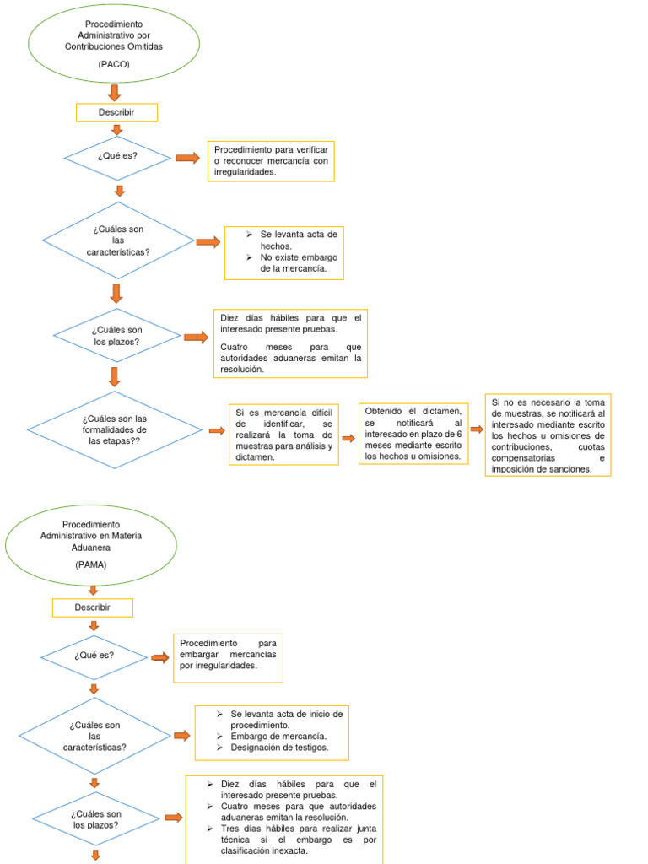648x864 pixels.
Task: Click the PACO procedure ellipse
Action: (x=114, y=43)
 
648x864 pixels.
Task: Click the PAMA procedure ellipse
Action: (x=91, y=543)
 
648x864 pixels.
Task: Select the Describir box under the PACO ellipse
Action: (x=116, y=112)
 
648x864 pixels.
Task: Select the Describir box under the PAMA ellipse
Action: (x=92, y=607)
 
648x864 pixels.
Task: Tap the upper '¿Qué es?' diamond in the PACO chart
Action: (x=117, y=158)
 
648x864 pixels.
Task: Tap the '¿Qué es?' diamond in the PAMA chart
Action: (x=94, y=656)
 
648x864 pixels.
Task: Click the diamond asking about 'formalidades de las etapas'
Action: (x=114, y=429)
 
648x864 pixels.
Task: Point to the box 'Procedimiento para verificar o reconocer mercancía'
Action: (x=271, y=161)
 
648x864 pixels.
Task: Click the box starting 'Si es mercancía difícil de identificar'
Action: (x=283, y=434)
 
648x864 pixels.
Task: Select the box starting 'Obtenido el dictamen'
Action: (x=413, y=434)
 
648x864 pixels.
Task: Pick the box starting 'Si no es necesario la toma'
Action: (x=548, y=435)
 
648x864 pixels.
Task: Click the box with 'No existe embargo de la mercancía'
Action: (x=283, y=252)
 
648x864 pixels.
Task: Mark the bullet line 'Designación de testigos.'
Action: (x=279, y=748)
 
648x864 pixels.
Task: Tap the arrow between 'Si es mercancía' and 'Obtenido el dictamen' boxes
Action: (x=348, y=438)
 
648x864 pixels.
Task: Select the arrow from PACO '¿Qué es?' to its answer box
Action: (x=187, y=158)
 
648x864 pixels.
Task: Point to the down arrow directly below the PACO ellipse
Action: (x=115, y=92)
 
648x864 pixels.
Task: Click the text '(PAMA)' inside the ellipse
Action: (x=90, y=563)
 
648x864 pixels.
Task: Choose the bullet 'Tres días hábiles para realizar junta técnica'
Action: (x=291, y=840)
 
